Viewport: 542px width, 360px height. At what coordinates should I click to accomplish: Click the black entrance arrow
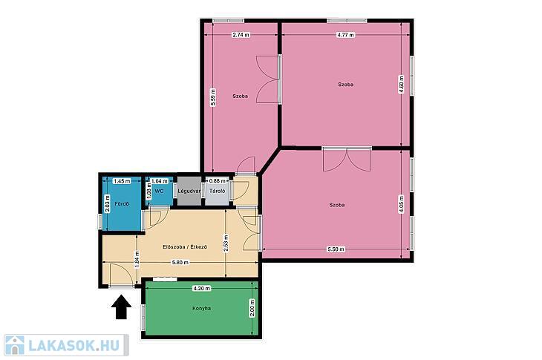121,307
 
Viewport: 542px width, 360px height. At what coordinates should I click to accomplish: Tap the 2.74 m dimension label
241,35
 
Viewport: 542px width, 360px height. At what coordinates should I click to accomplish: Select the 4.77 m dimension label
346,35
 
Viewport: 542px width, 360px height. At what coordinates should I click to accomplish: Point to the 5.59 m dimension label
213,97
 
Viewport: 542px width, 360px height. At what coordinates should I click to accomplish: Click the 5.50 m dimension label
336,249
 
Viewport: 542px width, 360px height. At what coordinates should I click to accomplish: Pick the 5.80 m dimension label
180,263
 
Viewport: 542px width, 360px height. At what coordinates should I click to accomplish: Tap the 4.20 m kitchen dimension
201,288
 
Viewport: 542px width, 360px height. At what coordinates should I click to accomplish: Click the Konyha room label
201,308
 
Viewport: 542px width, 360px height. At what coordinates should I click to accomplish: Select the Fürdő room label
122,204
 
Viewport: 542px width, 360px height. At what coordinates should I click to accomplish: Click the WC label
159,191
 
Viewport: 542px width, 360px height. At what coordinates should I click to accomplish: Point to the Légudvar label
189,191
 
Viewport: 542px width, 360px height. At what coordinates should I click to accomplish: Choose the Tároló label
218,191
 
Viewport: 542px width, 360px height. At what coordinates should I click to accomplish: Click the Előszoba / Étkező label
185,246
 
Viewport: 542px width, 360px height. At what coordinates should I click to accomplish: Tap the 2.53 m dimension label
226,243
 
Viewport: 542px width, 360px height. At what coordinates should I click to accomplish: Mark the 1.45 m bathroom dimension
122,181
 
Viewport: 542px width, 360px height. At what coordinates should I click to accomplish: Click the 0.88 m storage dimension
217,180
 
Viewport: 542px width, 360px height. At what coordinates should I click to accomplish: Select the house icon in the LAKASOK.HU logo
15,345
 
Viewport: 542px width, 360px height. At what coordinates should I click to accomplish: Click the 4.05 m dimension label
402,205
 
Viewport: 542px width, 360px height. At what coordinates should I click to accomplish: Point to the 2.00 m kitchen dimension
252,308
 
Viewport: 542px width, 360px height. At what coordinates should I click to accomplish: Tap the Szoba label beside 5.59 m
240,96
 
